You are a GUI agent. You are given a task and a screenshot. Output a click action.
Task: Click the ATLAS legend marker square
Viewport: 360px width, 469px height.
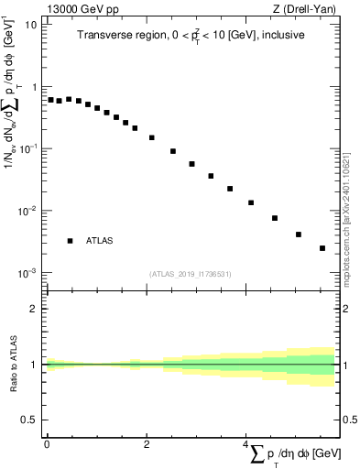point(70,241)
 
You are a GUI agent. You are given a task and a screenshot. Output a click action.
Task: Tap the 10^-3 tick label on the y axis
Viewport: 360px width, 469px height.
point(27,273)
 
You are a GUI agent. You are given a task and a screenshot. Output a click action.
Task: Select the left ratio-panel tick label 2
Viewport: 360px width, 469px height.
point(34,309)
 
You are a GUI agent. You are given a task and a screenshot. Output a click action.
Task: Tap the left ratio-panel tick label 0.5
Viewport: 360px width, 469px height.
point(29,420)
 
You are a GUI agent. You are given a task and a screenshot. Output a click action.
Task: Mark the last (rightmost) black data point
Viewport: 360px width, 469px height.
point(322,248)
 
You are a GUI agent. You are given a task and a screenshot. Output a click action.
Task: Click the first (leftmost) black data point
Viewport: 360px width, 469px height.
point(50,100)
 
